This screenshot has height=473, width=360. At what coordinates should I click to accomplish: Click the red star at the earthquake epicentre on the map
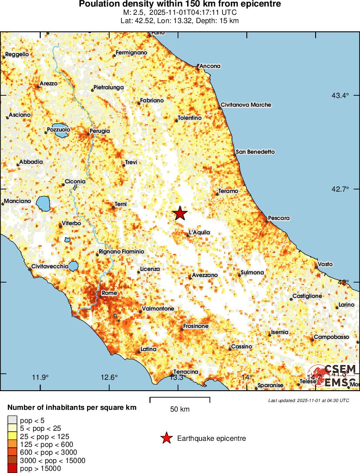click(180, 213)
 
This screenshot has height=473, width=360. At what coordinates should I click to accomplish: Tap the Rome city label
click(109, 293)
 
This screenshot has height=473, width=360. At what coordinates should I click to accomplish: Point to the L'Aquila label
click(199, 233)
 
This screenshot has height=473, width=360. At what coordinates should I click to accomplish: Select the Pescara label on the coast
click(279, 218)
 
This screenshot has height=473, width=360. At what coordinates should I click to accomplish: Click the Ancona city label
click(210, 66)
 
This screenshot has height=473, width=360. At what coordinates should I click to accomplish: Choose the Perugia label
click(100, 131)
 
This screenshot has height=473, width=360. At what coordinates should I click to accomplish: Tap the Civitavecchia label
click(50, 266)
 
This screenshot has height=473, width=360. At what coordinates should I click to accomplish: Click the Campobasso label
click(332, 337)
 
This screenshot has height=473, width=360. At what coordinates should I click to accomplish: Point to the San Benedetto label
click(256, 152)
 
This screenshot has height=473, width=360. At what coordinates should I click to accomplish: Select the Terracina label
click(186, 372)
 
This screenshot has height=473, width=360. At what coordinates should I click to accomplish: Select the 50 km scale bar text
click(180, 409)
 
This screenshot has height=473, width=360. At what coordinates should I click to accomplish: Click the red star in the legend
click(166, 439)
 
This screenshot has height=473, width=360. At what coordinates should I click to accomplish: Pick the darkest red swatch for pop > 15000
click(12, 469)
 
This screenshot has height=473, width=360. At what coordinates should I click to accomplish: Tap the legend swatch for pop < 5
click(12, 420)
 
